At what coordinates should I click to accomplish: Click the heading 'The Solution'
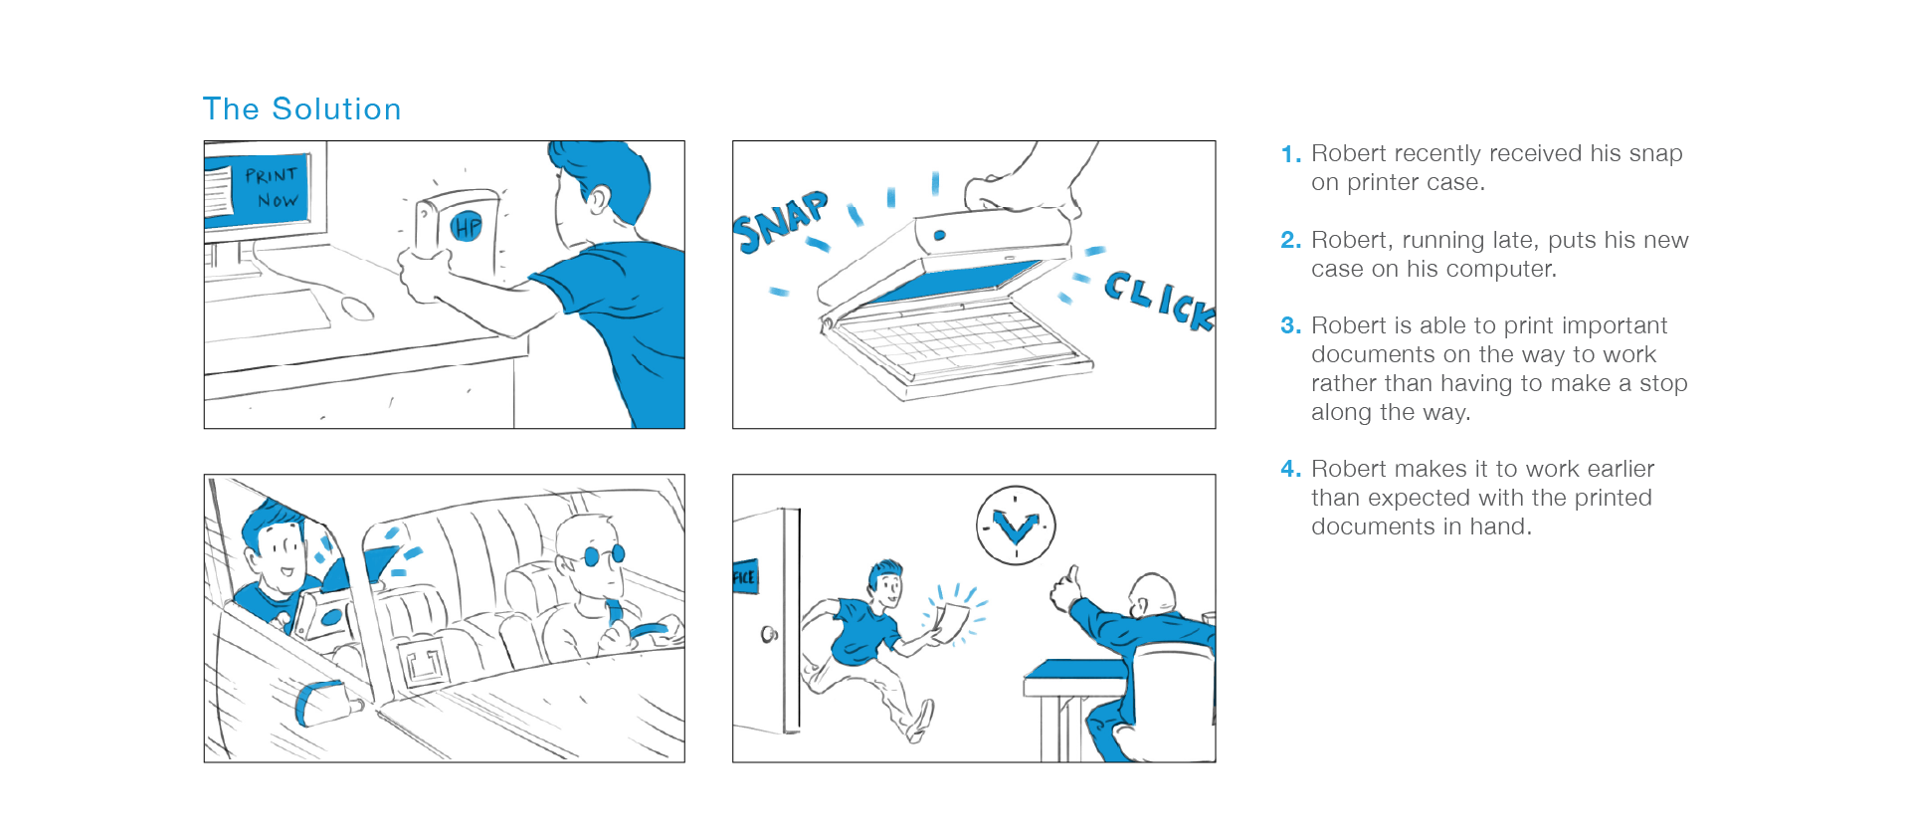(x=301, y=108)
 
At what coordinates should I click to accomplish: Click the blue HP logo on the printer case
(x=466, y=227)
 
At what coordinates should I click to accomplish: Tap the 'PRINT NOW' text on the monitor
(x=272, y=187)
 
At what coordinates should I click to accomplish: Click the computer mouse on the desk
(x=357, y=308)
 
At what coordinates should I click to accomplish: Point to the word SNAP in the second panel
(x=781, y=221)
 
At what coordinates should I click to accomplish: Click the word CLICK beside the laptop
(x=1160, y=300)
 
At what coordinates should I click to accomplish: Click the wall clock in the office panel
(x=1016, y=525)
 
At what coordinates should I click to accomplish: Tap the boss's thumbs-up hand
(x=1064, y=589)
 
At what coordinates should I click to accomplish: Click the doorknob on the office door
(x=769, y=634)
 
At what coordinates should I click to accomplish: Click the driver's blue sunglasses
(x=603, y=555)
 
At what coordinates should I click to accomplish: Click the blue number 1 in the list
(x=1290, y=154)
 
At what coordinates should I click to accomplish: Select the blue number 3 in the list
(x=1290, y=325)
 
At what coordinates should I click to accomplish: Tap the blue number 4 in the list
(x=1290, y=469)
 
